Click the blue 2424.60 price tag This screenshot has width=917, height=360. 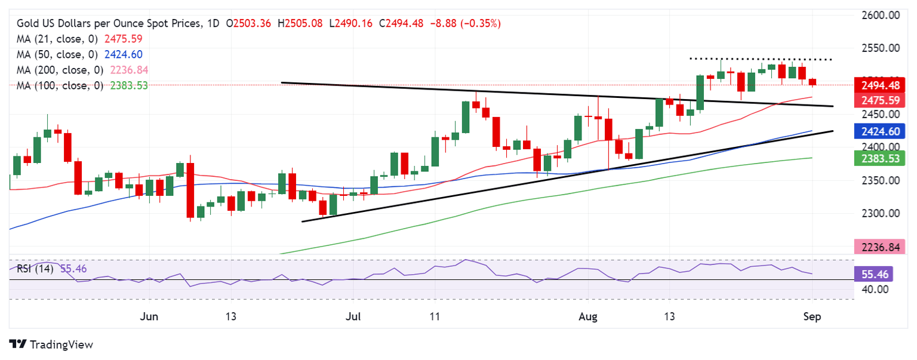coord(877,131)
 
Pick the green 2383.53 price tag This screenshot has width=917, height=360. coord(877,158)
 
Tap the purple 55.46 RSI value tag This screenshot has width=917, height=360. coord(877,274)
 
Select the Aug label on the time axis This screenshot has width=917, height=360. coord(588,316)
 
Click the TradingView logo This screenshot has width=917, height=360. coord(51,344)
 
